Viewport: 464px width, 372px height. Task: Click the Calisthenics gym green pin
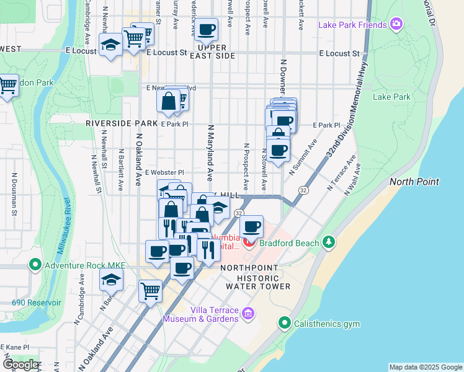pyautogui.click(x=284, y=322)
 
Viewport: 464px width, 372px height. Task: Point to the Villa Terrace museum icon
pyautogui.click(x=248, y=314)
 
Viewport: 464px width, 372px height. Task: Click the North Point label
pyautogui.click(x=414, y=182)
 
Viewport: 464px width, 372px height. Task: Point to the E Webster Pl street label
pyautogui.click(x=164, y=172)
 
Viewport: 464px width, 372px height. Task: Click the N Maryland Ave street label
pyautogui.click(x=211, y=149)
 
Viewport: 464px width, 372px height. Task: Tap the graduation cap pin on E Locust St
pyautogui.click(x=110, y=45)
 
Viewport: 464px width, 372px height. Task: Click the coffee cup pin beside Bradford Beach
pyautogui.click(x=251, y=227)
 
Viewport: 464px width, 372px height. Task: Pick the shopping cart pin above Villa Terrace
pyautogui.click(x=150, y=290)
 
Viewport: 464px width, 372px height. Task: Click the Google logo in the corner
pyautogui.click(x=20, y=365)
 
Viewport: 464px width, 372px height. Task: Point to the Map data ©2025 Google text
pyautogui.click(x=425, y=367)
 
